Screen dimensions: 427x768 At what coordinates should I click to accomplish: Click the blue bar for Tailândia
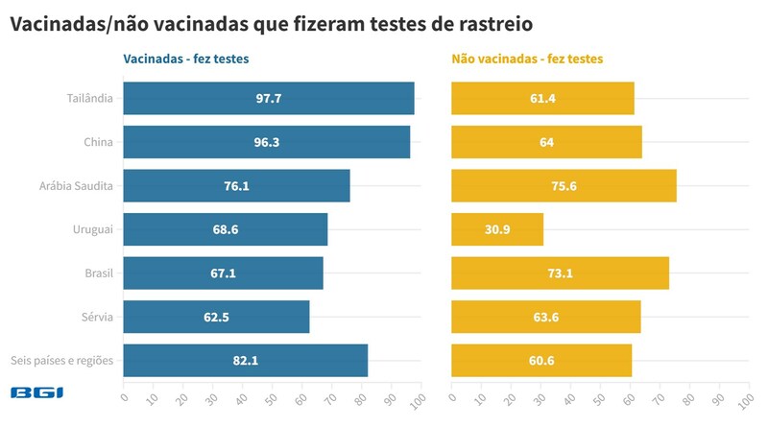coord(269,99)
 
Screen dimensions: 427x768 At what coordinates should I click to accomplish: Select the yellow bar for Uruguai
coord(497,229)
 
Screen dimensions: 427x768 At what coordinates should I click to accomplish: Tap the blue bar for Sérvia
coord(217,317)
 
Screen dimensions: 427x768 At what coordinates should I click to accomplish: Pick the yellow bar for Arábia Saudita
coord(564,186)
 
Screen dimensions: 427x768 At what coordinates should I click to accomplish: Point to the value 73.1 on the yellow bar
coord(560,273)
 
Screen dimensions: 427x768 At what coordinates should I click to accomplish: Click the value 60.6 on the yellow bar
coord(541,361)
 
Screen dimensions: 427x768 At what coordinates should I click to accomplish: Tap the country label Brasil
coord(99,273)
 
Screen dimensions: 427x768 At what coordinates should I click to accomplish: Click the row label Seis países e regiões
coord(62,361)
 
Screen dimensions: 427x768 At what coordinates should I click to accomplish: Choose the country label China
coord(99,143)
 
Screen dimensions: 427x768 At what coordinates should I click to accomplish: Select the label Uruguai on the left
coord(94,229)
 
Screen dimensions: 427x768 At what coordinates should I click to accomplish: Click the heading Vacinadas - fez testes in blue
coord(186,59)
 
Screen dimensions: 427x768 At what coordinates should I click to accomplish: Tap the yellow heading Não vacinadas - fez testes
coord(527,59)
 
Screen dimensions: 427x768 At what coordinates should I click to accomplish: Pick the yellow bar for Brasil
coord(560,273)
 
